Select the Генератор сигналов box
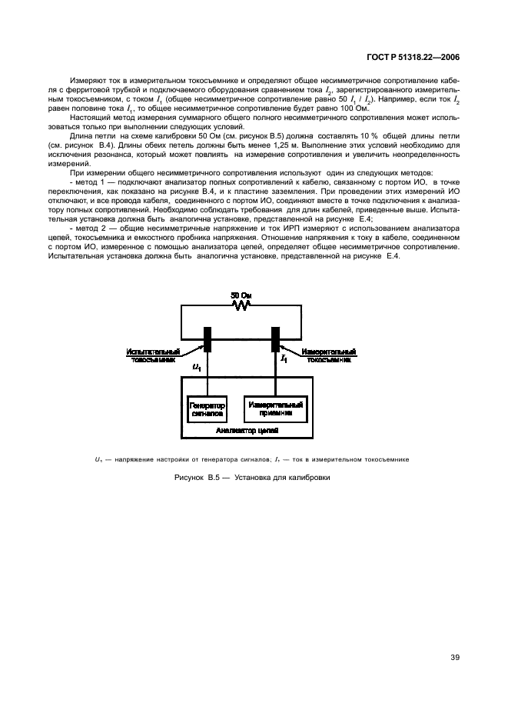[208, 408]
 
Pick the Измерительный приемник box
[274, 408]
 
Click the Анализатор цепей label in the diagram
[241, 432]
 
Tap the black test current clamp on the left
[208, 341]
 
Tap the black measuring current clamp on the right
[274, 341]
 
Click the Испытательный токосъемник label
[153, 355]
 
